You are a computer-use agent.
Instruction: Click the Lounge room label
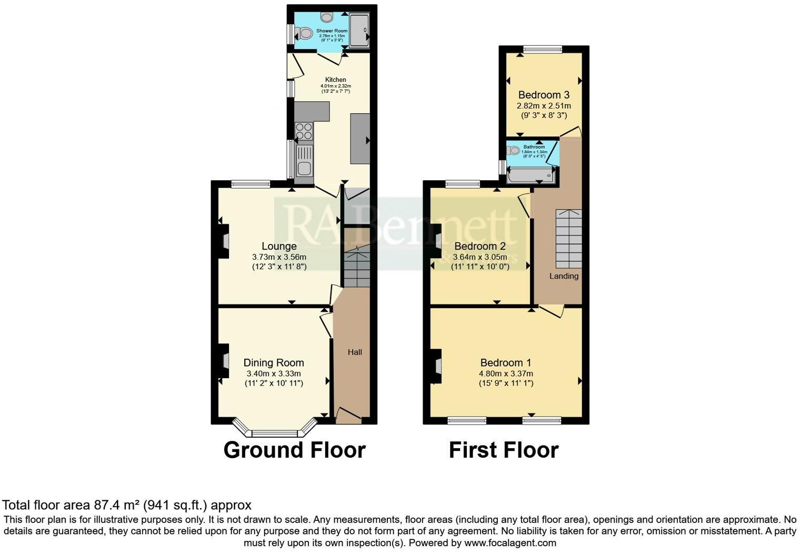[279, 247]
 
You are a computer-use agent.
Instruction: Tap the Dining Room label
[273, 363]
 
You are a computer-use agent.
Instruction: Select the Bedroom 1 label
[505, 363]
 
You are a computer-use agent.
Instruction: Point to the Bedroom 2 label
[479, 247]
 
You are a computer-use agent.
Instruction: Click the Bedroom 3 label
[544, 95]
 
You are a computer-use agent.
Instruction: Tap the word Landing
[564, 276]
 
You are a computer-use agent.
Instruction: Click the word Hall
[355, 352]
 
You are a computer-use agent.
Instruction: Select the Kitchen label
[335, 80]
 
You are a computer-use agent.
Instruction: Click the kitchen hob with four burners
[304, 131]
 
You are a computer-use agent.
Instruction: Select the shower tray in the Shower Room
[359, 31]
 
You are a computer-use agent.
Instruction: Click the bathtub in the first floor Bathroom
[530, 175]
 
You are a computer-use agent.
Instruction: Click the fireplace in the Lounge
[225, 241]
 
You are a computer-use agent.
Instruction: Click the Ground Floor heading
[294, 450]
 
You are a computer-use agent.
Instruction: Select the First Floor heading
[503, 450]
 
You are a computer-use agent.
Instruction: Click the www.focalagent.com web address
[510, 543]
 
